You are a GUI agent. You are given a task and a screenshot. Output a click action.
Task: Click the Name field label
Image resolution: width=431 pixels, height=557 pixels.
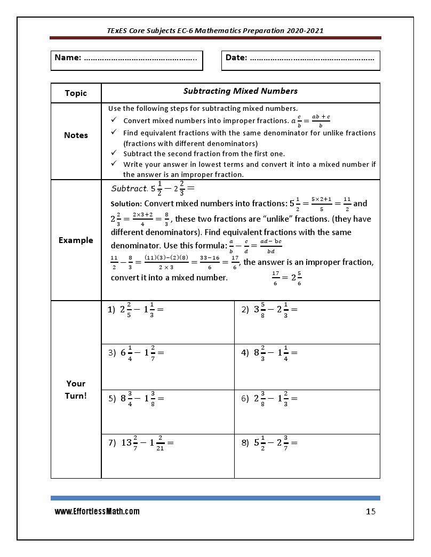pyautogui.click(x=67, y=58)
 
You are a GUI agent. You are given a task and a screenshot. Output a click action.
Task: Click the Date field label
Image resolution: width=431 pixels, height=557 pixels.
pyautogui.click(x=236, y=58)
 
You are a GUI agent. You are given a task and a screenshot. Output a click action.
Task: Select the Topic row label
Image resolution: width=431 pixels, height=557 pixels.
pyautogui.click(x=76, y=93)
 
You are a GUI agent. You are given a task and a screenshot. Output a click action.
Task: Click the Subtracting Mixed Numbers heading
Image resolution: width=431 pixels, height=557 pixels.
pyautogui.click(x=240, y=91)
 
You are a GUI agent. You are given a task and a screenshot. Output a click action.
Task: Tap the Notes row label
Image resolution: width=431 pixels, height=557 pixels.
pyautogui.click(x=76, y=135)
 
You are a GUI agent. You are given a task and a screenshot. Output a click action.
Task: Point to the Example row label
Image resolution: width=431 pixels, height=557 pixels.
pyautogui.click(x=76, y=240)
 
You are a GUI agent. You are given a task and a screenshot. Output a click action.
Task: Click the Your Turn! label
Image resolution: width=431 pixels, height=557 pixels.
pyautogui.click(x=76, y=390)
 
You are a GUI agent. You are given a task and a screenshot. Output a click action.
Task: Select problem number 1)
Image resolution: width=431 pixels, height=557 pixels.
pyautogui.click(x=111, y=310)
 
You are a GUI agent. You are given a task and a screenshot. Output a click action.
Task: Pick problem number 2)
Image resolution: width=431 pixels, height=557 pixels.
pyautogui.click(x=245, y=310)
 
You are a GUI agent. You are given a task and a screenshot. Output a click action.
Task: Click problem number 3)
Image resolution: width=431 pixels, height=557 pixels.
pyautogui.click(x=112, y=353)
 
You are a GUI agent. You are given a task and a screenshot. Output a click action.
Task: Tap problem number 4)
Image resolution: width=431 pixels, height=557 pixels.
pyautogui.click(x=245, y=353)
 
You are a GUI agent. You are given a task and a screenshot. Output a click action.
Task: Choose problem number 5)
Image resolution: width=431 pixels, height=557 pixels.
pyautogui.click(x=112, y=398)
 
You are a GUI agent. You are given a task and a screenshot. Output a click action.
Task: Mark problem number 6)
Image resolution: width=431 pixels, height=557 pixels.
pyautogui.click(x=245, y=398)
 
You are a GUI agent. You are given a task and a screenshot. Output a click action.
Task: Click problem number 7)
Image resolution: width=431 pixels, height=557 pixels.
pyautogui.click(x=112, y=442)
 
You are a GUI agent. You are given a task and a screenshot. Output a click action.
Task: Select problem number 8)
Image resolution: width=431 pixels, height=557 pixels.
pyautogui.click(x=245, y=442)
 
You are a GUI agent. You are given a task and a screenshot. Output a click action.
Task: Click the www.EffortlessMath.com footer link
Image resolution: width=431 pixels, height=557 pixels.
pyautogui.click(x=97, y=512)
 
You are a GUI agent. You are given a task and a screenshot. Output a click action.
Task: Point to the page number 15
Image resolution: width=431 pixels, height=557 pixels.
pyautogui.click(x=371, y=512)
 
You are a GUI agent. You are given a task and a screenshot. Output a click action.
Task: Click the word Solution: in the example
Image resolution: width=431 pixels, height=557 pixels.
pyautogui.click(x=126, y=204)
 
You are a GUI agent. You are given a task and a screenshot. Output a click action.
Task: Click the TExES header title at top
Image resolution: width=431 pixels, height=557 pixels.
pyautogui.click(x=215, y=31)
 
